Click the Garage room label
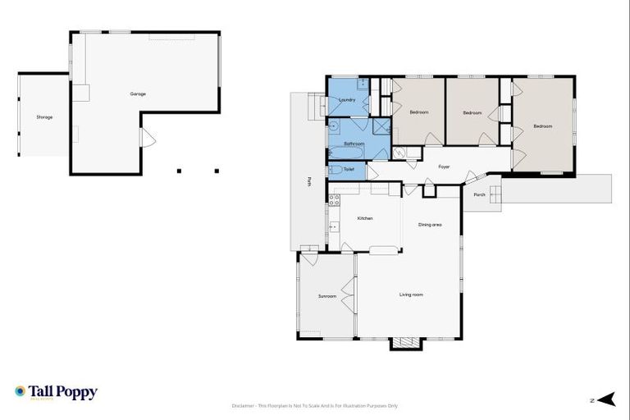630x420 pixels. [x=138, y=94]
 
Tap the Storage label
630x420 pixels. [x=44, y=117]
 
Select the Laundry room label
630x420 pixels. [x=347, y=100]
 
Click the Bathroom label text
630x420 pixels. [x=354, y=144]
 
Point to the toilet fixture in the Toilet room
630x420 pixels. [x=336, y=170]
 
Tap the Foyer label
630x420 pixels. [x=444, y=167]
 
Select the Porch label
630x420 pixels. [x=479, y=194]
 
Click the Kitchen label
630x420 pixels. [x=365, y=218]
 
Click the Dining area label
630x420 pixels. [x=430, y=224]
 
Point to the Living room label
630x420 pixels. [x=411, y=294]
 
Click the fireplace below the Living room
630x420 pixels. [x=405, y=343]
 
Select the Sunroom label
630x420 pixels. [x=327, y=296]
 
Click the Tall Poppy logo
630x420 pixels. [x=56, y=392]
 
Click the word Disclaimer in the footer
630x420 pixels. [x=244, y=405]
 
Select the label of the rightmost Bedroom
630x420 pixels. [x=542, y=126]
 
